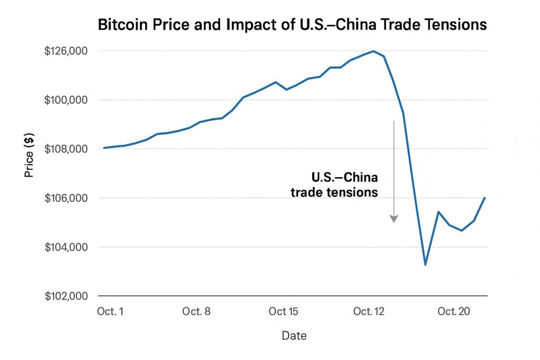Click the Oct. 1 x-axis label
[110, 312]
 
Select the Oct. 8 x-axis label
[196, 312]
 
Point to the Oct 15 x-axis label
[283, 312]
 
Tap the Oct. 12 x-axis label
[369, 312]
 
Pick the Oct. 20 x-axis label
[454, 312]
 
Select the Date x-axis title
[294, 336]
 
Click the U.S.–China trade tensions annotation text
[334, 184]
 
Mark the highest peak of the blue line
[373, 51]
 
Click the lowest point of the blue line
[425, 265]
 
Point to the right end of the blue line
[485, 198]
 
